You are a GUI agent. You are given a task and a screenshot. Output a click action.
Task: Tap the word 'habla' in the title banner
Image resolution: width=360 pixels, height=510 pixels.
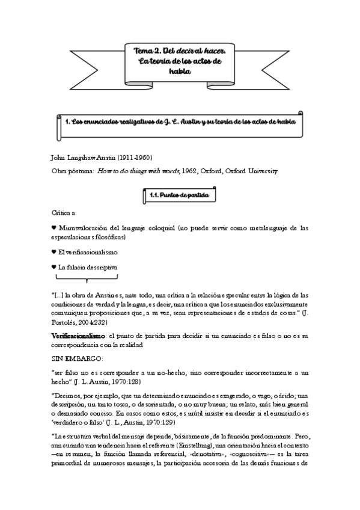179,72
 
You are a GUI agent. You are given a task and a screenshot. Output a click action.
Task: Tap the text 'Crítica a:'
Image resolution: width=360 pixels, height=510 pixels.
65,212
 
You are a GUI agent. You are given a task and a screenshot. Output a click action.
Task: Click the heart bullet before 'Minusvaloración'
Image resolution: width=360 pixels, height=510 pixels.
53,228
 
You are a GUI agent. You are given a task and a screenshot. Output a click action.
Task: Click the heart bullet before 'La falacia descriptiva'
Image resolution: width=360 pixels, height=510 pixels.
53,266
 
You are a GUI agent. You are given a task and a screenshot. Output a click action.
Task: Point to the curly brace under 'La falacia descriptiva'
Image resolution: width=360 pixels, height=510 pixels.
87,278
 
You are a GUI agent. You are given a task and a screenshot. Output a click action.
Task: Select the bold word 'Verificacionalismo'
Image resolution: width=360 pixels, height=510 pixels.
76,334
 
